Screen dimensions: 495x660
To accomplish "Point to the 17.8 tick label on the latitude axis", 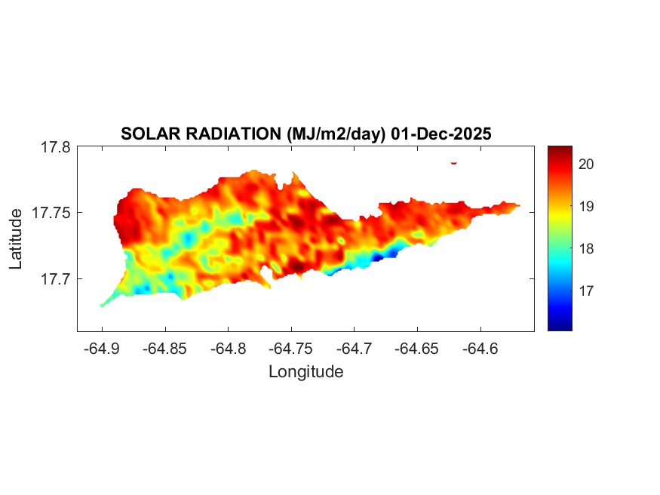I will pos(56,147).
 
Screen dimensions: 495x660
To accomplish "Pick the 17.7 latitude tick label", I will pos(56,278).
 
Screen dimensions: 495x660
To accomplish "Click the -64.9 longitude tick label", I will pos(102,349).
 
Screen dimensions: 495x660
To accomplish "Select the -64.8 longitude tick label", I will pos(229,349).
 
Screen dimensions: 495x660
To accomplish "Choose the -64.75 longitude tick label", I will pos(292,349).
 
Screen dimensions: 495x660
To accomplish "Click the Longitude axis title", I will pos(305,371).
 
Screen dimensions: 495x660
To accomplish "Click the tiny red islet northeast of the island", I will pos(454,162).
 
